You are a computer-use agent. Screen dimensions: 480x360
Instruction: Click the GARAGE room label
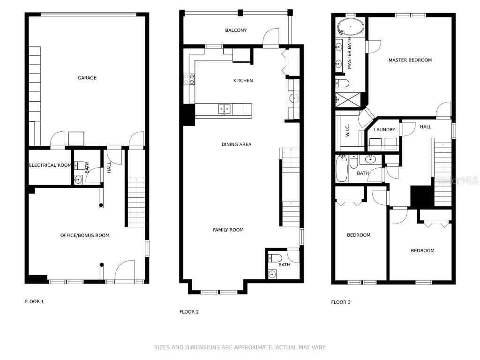[87, 78]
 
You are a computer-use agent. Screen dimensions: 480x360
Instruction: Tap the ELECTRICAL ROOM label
[50, 165]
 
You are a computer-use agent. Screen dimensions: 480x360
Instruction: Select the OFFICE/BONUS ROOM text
[85, 235]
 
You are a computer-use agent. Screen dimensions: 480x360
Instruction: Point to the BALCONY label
[236, 30]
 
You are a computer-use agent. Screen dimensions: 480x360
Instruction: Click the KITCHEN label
[243, 81]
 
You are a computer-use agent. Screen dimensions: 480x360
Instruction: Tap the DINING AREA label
[236, 144]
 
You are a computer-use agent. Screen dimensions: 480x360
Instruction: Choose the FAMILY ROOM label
[228, 230]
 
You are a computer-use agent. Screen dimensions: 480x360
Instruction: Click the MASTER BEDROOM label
[410, 60]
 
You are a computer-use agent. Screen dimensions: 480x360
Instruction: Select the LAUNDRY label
[384, 129]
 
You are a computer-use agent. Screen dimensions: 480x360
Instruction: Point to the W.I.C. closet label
[347, 130]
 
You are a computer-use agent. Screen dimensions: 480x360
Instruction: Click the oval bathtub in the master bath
[351, 27]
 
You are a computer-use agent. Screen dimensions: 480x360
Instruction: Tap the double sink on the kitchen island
[225, 109]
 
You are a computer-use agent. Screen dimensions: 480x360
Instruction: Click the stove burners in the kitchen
[189, 79]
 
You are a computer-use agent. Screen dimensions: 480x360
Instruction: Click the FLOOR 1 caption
[34, 301]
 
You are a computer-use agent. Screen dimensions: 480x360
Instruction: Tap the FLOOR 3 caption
[341, 302]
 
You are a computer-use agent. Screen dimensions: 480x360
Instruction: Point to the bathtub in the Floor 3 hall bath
[342, 169]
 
